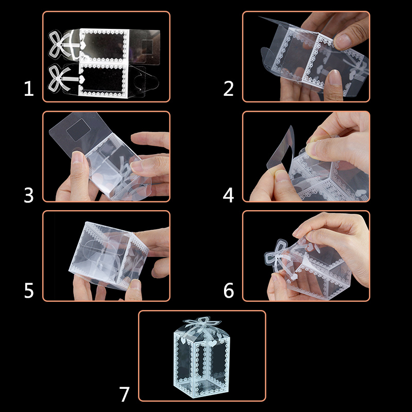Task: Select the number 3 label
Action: [x=29, y=195]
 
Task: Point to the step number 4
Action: [x=229, y=195]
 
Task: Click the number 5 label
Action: [x=29, y=290]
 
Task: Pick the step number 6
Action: [x=229, y=290]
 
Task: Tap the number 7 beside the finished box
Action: [x=125, y=394]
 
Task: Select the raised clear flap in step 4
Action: [x=279, y=149]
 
